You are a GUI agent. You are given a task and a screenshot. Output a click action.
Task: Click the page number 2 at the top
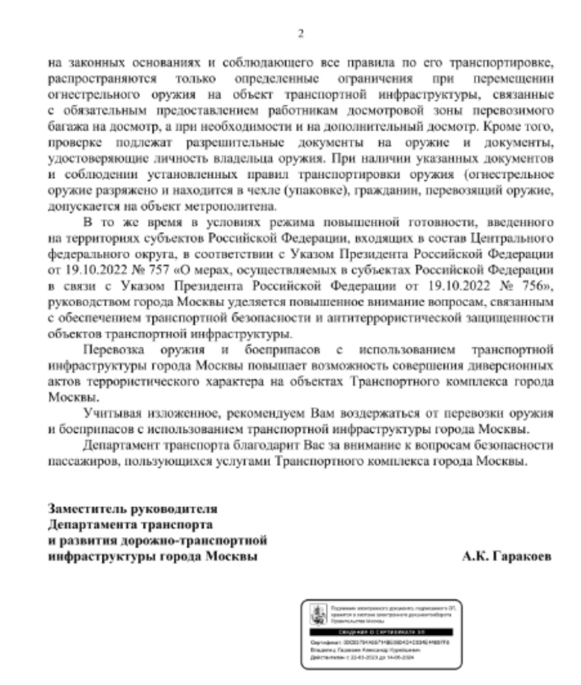301,34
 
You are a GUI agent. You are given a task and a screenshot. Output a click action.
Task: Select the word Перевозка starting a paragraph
114,350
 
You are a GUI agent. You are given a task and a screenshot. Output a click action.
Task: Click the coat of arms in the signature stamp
318,613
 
